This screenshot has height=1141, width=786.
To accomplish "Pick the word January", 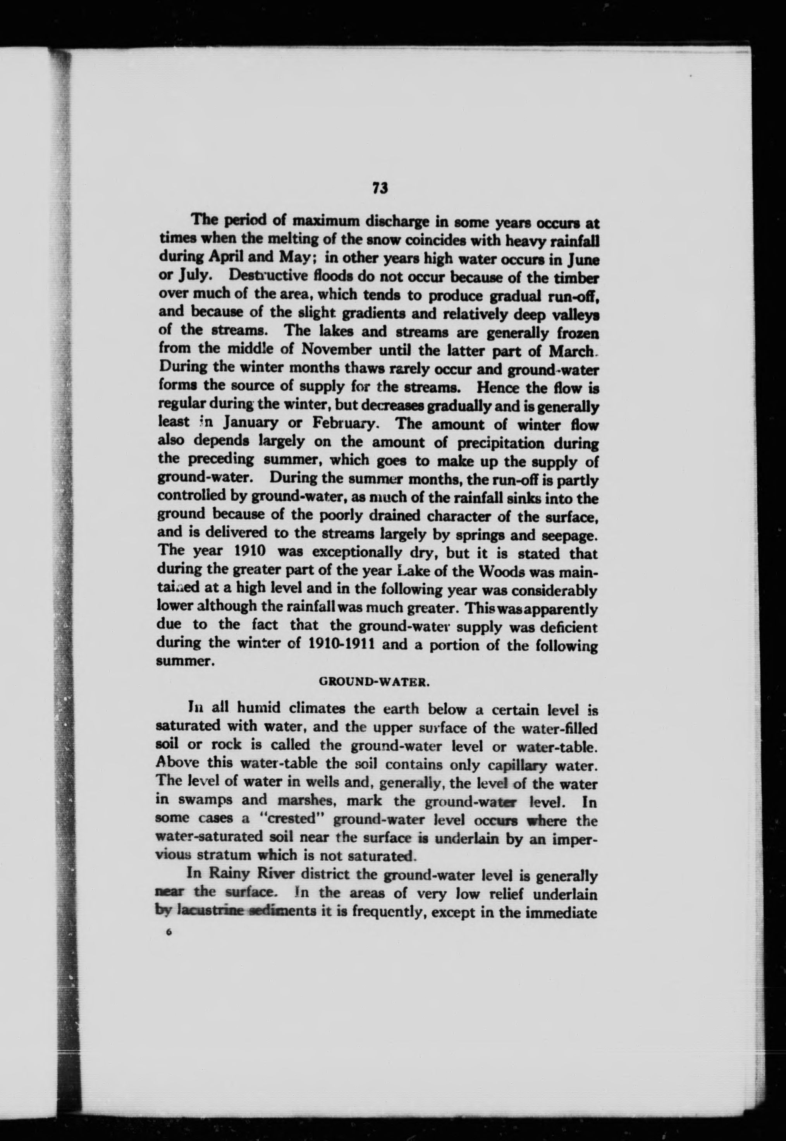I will pyautogui.click(x=252, y=423).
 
